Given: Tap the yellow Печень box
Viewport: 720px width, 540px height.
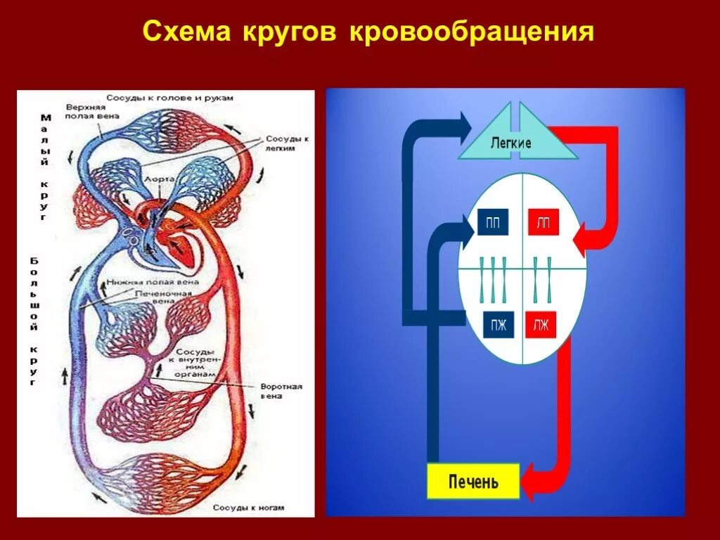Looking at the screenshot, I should [473, 482].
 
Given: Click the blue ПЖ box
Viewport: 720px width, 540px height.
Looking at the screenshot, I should [499, 326].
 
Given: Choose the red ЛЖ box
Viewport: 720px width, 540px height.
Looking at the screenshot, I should [540, 326].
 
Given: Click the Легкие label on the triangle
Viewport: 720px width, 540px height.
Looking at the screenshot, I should [510, 143].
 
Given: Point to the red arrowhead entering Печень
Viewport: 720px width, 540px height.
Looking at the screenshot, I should [536, 482].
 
